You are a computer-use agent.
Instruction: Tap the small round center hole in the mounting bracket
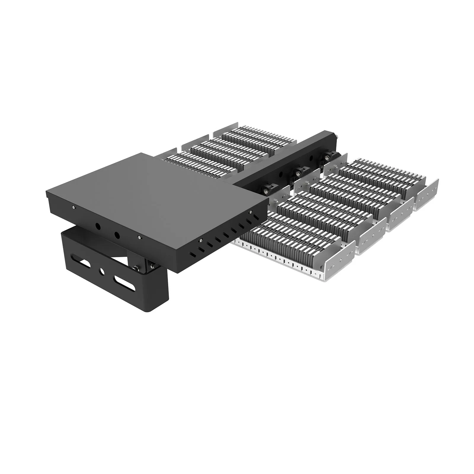coord(102,271)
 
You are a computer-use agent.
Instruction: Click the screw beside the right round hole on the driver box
coord(139,237)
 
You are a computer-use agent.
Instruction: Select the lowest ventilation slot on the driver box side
coord(192,254)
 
